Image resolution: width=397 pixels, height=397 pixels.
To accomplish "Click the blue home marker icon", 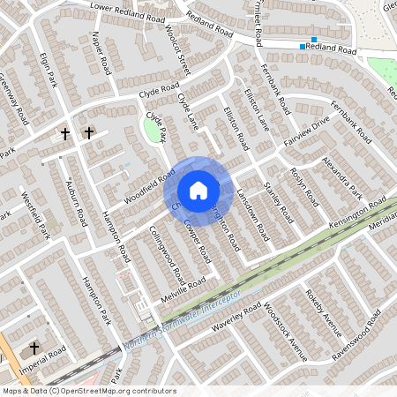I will click(198, 191).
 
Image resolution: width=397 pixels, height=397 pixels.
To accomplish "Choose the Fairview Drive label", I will click(306, 133).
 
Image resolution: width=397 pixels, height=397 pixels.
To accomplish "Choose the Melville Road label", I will click(182, 286).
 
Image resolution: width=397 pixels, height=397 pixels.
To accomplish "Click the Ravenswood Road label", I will click(363, 328).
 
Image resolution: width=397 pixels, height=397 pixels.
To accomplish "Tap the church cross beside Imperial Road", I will click(35, 348).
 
